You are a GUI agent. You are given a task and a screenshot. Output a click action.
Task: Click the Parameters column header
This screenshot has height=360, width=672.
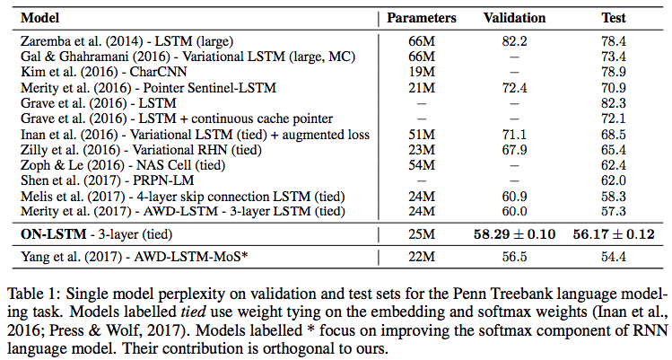(421, 18)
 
